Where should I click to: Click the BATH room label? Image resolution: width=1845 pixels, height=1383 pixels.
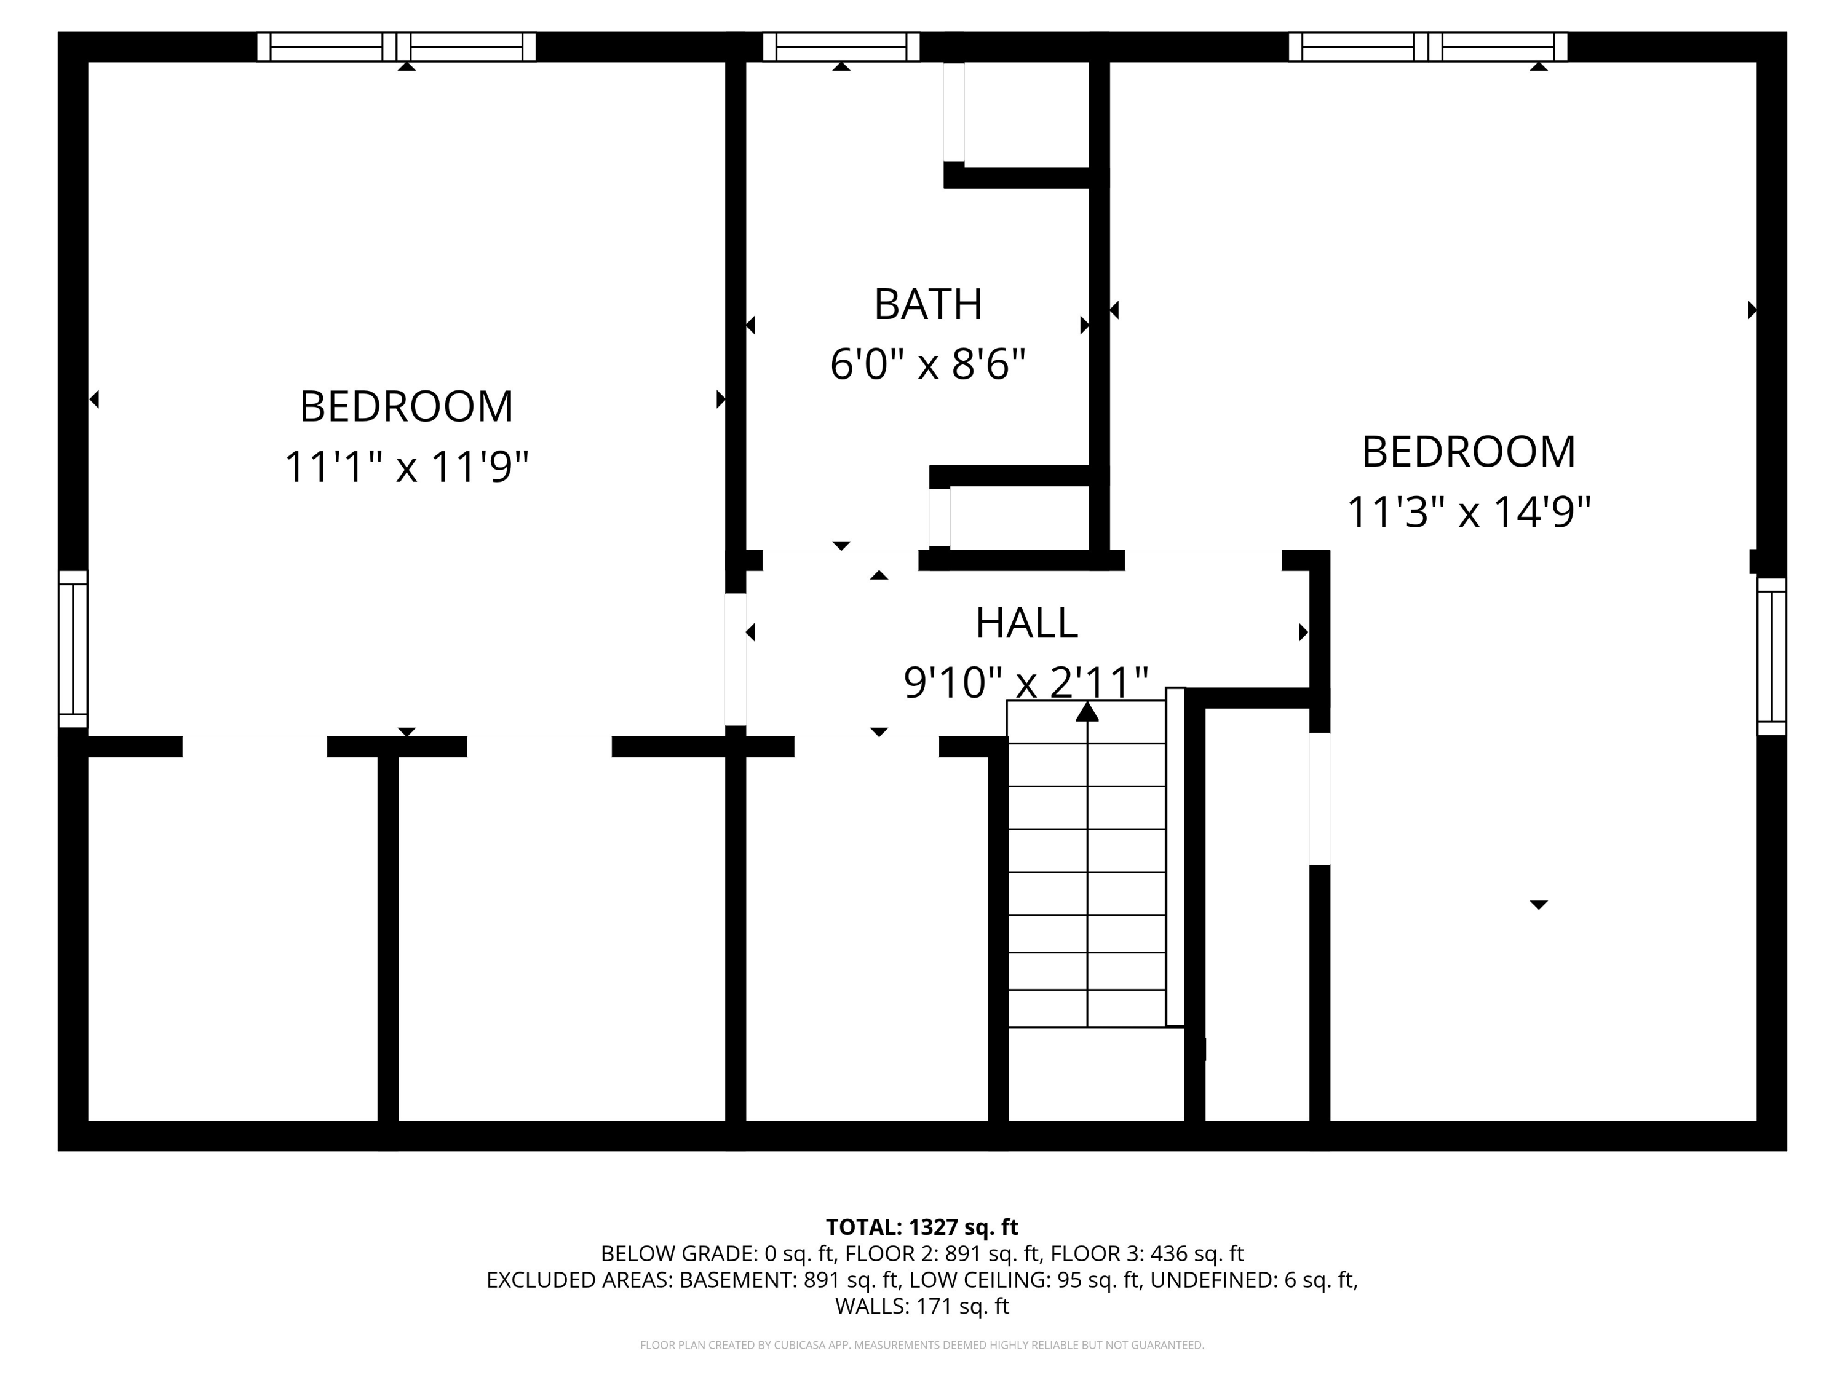click(x=927, y=304)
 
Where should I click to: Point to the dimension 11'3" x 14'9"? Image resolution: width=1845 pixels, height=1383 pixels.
click(x=1469, y=512)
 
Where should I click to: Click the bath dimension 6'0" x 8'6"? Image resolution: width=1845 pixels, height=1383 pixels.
click(x=927, y=364)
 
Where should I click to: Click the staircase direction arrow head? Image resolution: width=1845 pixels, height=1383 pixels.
click(x=1087, y=711)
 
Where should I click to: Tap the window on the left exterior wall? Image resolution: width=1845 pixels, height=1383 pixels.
click(x=73, y=648)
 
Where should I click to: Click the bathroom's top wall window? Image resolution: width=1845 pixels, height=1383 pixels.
click(x=841, y=47)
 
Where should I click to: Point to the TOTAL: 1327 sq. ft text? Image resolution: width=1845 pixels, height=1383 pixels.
click(x=922, y=1227)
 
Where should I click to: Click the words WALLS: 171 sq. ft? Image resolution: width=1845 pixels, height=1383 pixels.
click(x=922, y=1306)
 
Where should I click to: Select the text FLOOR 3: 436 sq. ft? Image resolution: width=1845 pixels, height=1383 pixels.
click(x=1147, y=1254)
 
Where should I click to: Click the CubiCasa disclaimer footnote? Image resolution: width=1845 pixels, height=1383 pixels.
click(x=922, y=1345)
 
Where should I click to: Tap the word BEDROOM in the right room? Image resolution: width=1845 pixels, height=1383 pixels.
click(x=1469, y=452)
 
